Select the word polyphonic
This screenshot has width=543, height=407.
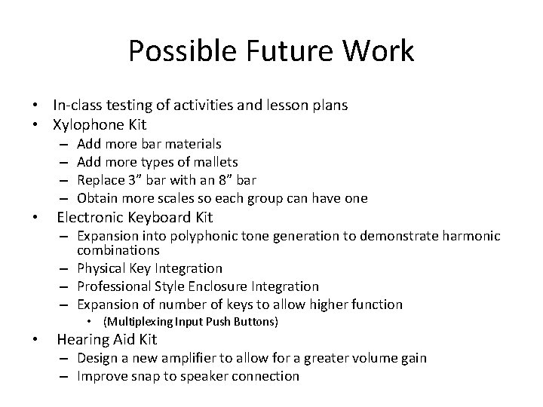pyautogui.click(x=192, y=237)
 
